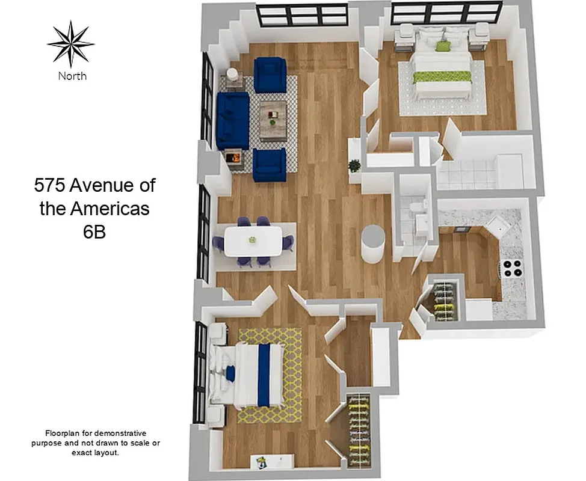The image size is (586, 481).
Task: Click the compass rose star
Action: [x=71, y=43]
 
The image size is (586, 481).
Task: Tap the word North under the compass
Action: [x=72, y=76]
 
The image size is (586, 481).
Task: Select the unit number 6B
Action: [x=94, y=231]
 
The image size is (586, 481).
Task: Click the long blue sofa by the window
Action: [x=232, y=120]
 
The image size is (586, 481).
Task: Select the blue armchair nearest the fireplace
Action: [x=269, y=164]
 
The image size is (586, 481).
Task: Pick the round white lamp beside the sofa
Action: [x=232, y=75]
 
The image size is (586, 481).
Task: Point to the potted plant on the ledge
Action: [x=354, y=165]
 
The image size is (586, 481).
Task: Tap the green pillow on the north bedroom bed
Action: [x=443, y=46]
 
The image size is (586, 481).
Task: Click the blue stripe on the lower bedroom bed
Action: [x=264, y=374]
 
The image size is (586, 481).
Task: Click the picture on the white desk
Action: [x=262, y=462]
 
